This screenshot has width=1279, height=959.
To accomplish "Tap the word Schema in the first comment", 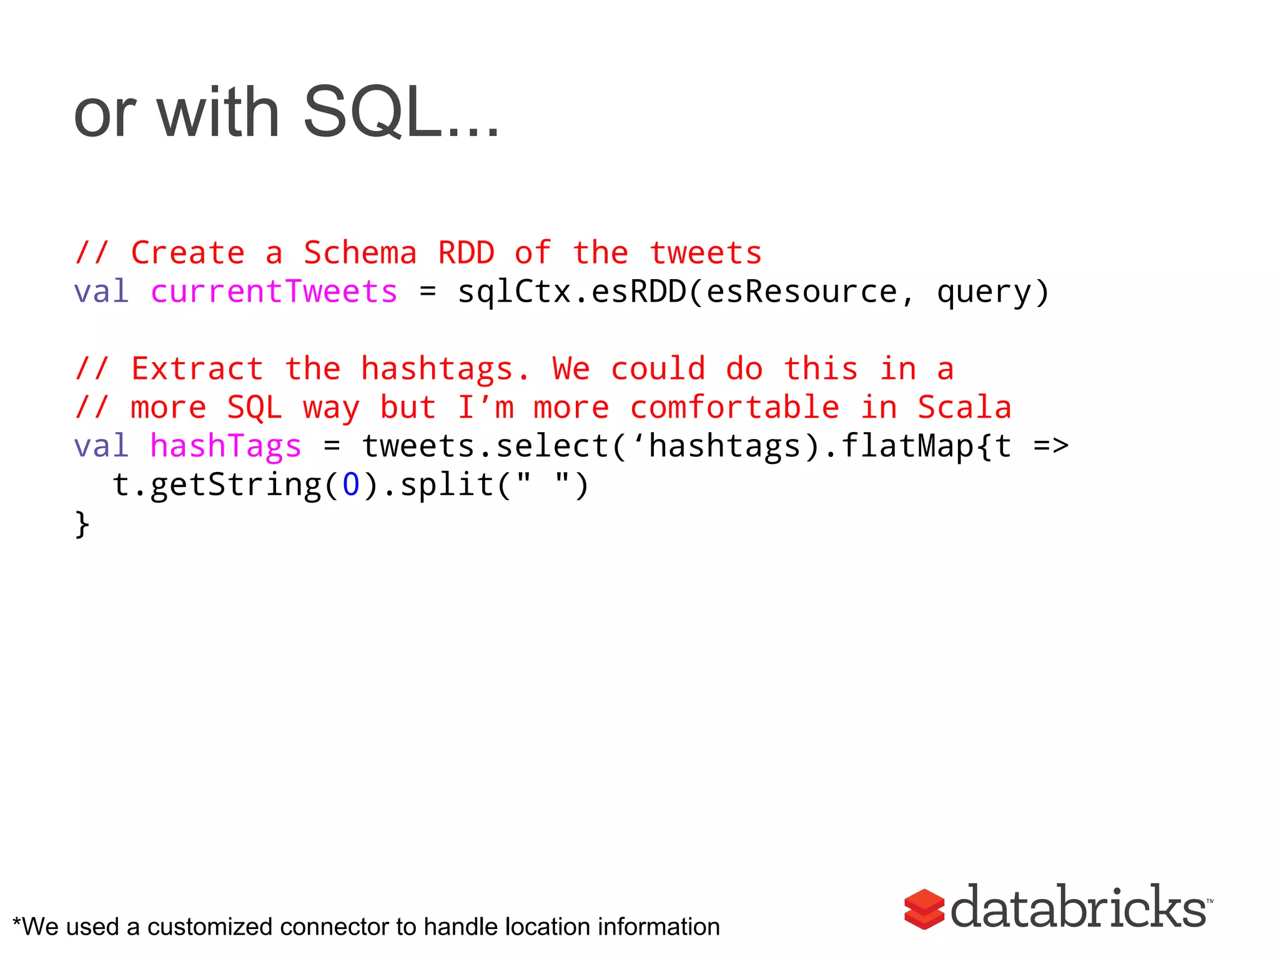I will [x=360, y=253].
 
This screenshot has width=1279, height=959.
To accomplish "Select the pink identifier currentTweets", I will [x=274, y=292].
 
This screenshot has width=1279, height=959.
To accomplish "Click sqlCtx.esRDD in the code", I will [x=571, y=292].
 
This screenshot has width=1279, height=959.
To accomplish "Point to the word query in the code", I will [x=984, y=292].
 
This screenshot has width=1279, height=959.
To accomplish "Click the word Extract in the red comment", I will [x=197, y=369].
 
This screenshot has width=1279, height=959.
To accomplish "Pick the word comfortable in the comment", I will [x=734, y=408].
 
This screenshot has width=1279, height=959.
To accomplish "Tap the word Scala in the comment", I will [x=964, y=408].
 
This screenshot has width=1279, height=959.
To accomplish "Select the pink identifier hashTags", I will [x=225, y=446].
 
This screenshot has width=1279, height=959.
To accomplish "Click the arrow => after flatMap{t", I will [x=1051, y=446].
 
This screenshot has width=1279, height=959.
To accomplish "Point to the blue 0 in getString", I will [x=351, y=485].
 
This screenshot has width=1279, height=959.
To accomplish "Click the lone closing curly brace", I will [x=82, y=524].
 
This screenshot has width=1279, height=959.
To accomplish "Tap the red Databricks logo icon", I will [x=924, y=909].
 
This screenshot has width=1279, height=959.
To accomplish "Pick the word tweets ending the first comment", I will [x=705, y=253].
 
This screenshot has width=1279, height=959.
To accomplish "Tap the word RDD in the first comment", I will [x=466, y=253].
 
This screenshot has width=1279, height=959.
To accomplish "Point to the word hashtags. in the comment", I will [x=445, y=369].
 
